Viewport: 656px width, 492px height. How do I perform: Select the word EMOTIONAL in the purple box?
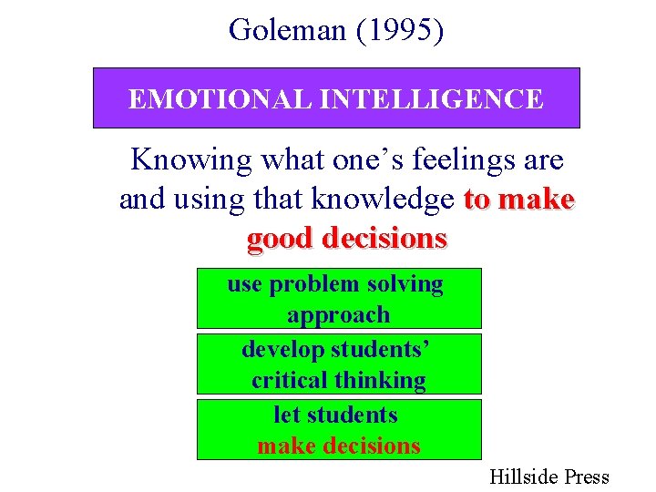(201, 98)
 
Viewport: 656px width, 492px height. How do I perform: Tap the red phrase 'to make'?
(519, 200)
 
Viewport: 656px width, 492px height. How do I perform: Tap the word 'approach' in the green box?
(338, 315)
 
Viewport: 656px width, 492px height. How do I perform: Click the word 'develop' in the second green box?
(282, 350)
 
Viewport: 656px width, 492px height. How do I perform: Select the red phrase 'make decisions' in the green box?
(338, 446)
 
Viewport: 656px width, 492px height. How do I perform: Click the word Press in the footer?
(586, 477)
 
